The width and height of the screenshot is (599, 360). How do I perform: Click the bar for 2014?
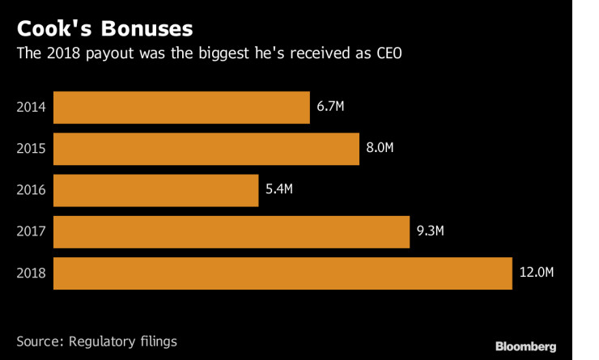[181, 107]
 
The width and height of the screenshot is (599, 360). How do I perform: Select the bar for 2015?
[206, 149]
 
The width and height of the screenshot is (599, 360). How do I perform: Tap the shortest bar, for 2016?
[156, 191]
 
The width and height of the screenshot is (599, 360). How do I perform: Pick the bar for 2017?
[232, 232]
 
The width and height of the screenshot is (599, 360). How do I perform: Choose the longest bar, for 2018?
[283, 274]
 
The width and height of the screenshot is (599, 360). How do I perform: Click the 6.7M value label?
[331, 107]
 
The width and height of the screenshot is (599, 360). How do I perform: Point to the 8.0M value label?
[380, 149]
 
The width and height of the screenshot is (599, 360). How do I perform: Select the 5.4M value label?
[278, 191]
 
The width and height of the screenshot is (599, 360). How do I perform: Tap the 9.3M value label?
[431, 232]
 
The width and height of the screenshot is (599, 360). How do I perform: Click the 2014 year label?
[31, 107]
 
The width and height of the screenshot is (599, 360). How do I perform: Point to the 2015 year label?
[31, 149]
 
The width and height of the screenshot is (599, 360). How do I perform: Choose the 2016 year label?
[31, 191]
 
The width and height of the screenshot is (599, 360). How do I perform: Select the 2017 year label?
[31, 233]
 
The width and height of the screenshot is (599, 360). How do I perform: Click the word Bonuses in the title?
[146, 29]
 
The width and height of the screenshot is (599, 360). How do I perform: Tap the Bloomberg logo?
[526, 346]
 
